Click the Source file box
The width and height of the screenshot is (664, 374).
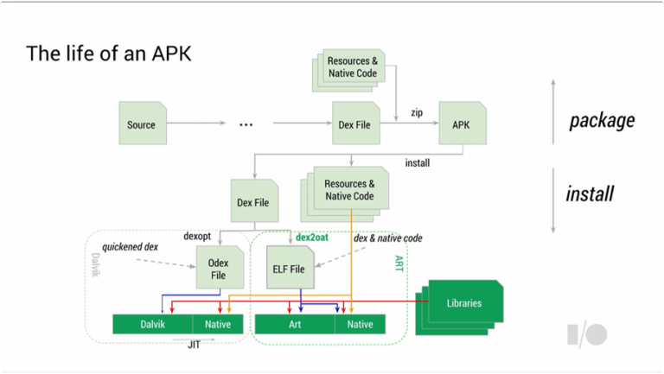point(143,124)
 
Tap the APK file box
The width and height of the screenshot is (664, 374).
point(463,124)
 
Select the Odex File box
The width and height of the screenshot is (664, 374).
point(220,268)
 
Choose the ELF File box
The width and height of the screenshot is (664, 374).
point(290,268)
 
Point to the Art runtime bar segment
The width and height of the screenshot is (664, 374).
point(295,324)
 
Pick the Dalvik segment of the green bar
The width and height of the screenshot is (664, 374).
point(152,324)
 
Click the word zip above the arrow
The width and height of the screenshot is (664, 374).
point(417,113)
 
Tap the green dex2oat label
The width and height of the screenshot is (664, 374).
point(311,238)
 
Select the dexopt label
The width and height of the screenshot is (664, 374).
point(197,236)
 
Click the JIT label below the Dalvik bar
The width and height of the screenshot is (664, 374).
point(194,345)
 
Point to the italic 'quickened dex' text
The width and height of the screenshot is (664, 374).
point(130,247)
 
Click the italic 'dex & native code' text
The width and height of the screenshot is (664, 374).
point(388,238)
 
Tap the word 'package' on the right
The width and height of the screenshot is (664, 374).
point(602,121)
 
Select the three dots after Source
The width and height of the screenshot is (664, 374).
point(246,124)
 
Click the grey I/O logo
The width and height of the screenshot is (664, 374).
point(587,334)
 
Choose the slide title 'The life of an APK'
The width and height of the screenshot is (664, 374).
point(109,54)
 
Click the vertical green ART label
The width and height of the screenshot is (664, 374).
point(399,263)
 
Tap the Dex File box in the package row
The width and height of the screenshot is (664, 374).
point(356,124)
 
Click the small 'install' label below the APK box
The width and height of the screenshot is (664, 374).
point(418,163)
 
